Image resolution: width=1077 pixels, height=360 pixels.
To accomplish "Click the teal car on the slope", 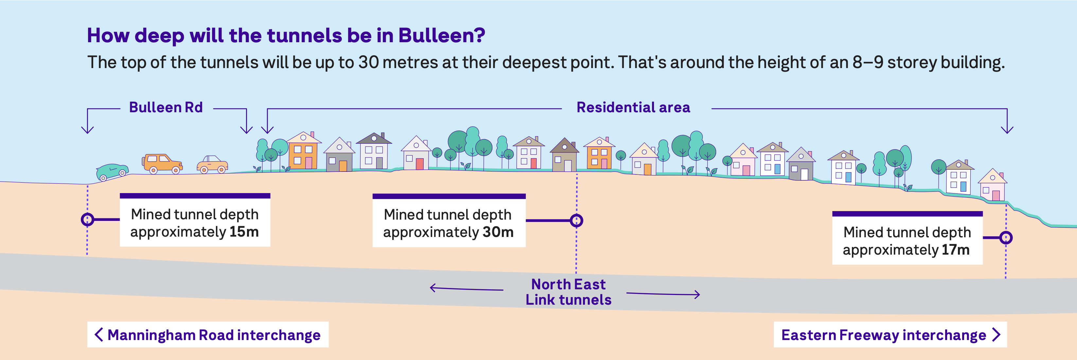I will point(112,171).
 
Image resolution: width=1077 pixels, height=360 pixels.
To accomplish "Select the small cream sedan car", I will point(212,165).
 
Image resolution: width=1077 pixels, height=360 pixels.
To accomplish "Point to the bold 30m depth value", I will point(498,232).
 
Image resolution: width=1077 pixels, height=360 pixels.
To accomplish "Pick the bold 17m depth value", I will point(955,250).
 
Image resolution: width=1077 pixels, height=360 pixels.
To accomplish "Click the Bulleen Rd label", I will point(166,107).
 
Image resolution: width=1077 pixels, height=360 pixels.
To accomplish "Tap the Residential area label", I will point(633,107).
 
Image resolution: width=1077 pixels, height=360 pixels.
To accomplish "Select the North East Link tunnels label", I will point(568,292).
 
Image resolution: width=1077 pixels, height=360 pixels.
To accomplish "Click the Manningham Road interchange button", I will point(208,334).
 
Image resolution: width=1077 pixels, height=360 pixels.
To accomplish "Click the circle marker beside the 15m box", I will point(87,219).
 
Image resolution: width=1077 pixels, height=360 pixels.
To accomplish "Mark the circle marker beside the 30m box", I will point(576,220).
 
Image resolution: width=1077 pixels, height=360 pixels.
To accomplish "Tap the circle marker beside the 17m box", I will point(1006,238).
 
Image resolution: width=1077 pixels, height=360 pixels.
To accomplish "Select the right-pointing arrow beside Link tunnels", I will point(663,294).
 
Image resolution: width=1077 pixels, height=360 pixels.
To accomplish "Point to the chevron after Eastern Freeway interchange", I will point(997,334).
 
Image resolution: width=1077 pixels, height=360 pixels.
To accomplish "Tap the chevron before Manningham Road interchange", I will point(99,334).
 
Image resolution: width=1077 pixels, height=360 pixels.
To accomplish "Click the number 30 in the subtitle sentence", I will point(368,62).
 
